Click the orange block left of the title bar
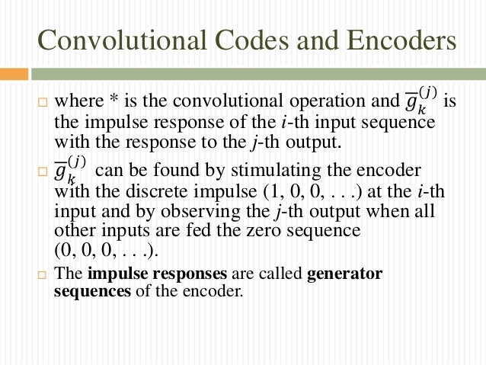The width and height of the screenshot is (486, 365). pos(14,75)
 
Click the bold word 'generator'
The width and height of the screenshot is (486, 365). pos(344,273)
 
